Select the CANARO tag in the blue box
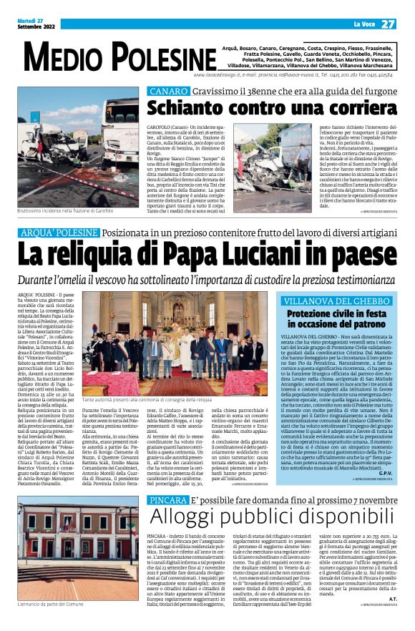[x=164, y=92]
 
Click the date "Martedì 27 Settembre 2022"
[x=34, y=24]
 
